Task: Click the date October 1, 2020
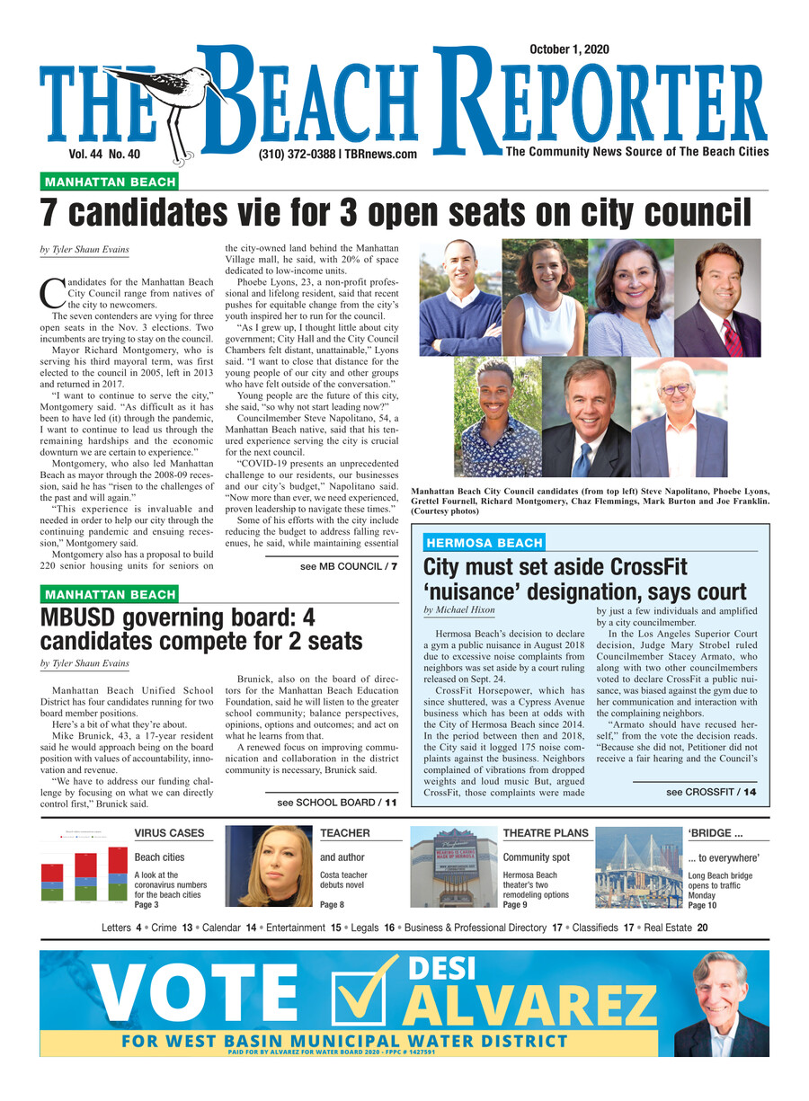tap(569, 49)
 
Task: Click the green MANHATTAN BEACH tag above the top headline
tap(110, 182)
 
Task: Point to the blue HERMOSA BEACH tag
tap(484, 543)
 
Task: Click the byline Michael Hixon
tap(458, 610)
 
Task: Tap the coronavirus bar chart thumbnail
tap(84, 872)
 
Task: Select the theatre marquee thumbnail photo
tap(453, 866)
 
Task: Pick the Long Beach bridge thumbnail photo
tap(638, 866)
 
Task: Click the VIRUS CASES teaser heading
tap(169, 834)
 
